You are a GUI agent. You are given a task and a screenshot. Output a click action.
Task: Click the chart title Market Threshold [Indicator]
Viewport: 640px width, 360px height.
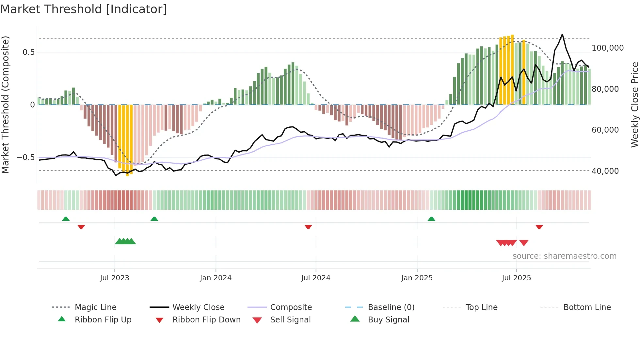[84, 9]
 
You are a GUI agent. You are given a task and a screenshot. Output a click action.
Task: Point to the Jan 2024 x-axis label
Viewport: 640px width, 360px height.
[216, 278]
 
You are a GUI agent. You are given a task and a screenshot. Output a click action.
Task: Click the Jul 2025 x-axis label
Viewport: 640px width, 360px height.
[516, 278]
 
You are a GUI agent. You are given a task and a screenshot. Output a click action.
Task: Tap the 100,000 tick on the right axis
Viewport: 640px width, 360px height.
[607, 48]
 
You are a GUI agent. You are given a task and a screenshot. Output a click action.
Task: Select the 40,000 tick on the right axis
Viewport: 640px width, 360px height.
[605, 171]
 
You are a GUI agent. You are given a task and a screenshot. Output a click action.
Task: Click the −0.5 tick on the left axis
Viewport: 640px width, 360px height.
[25, 157]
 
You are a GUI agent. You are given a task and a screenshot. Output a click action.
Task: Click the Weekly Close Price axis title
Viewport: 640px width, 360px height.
[634, 105]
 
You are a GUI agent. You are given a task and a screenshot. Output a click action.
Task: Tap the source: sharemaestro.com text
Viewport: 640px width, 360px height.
[564, 256]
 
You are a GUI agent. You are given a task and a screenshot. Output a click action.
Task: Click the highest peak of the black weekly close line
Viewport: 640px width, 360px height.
[562, 34]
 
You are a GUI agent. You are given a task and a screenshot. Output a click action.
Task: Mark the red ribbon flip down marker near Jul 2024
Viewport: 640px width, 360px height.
[308, 227]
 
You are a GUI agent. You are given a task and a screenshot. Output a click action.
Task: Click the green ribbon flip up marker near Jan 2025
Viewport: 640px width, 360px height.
[431, 219]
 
